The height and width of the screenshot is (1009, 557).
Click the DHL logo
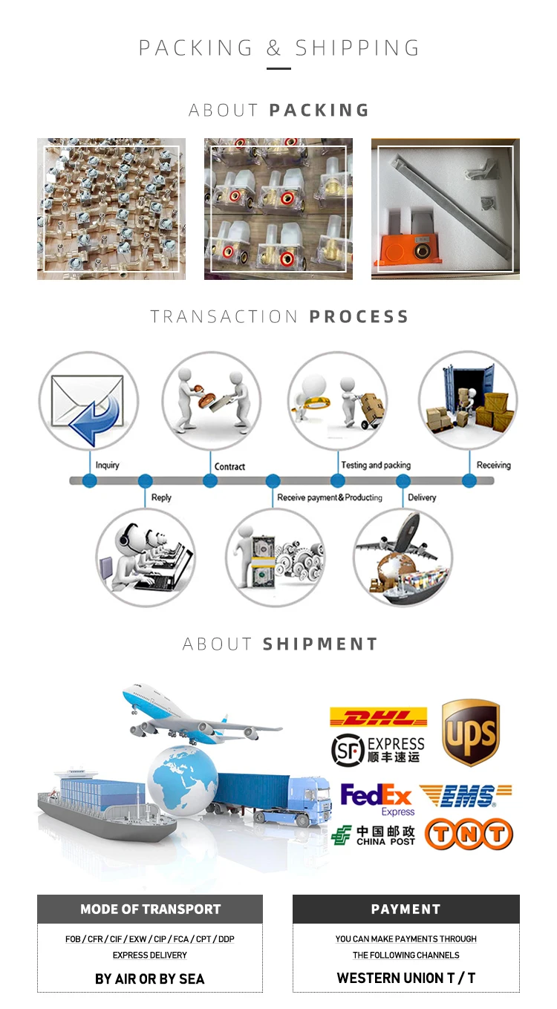click(x=379, y=717)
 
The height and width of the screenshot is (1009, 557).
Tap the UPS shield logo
click(x=470, y=732)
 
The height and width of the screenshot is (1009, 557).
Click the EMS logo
click(x=466, y=797)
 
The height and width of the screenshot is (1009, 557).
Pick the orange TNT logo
click(x=469, y=835)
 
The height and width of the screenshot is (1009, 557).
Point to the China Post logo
click(x=374, y=835)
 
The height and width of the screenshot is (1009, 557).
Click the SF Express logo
click(x=378, y=749)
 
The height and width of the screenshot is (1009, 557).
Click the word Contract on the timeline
click(x=229, y=466)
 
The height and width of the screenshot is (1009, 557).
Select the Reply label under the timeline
click(x=161, y=497)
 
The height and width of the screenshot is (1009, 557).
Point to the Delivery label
click(x=422, y=497)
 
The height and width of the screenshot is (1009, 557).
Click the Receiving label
click(x=494, y=466)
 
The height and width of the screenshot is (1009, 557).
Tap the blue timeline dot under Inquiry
click(x=90, y=480)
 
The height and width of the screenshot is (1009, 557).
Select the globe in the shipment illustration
click(x=183, y=780)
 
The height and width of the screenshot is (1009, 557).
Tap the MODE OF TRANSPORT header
click(x=150, y=910)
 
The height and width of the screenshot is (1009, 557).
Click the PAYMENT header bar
click(x=405, y=910)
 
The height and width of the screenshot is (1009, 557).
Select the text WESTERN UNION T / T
click(x=405, y=978)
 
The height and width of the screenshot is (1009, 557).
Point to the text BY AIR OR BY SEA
click(x=149, y=979)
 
